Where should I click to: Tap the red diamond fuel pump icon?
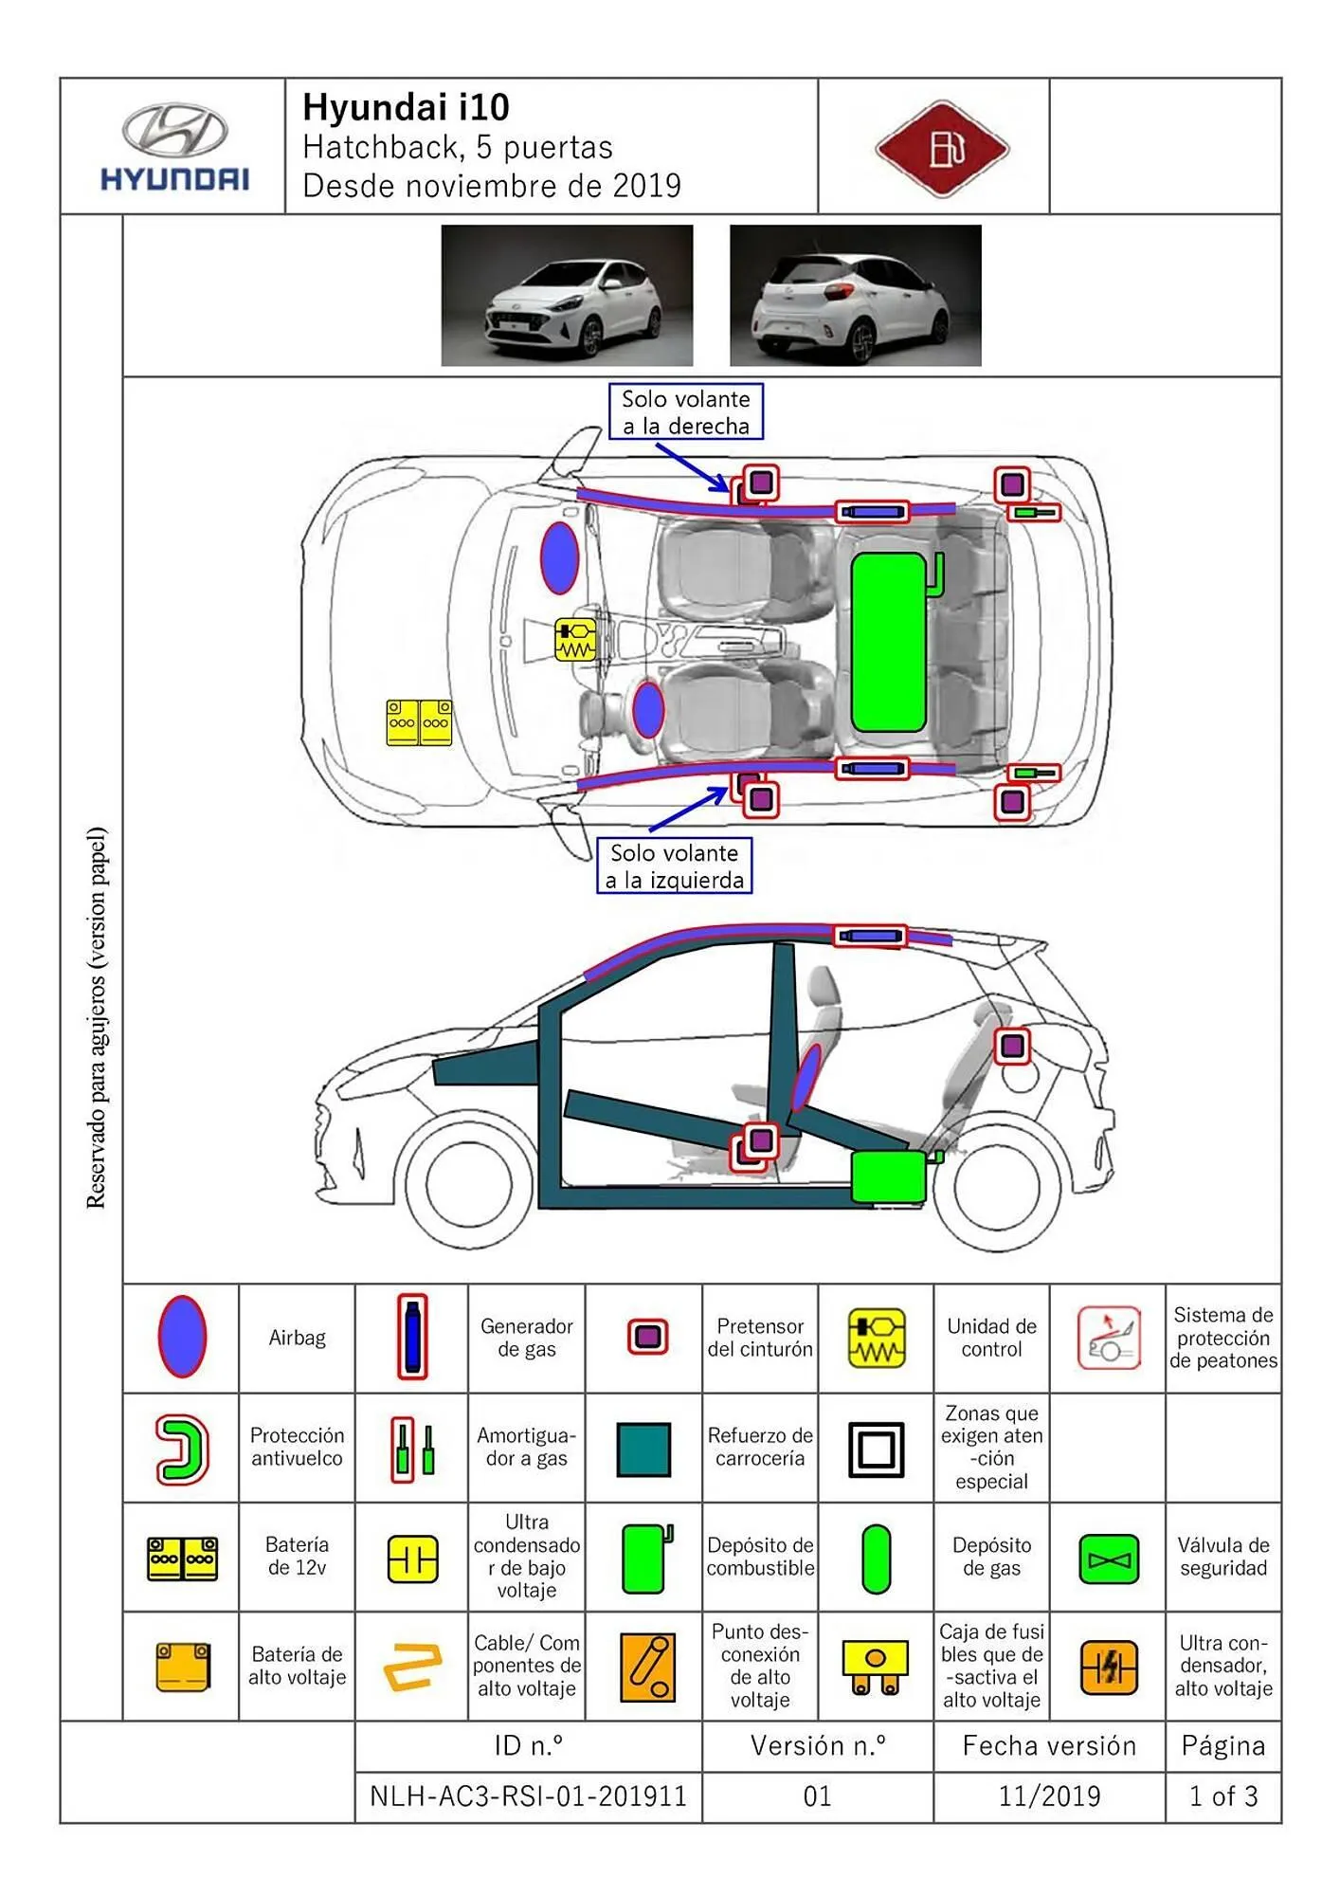(x=942, y=149)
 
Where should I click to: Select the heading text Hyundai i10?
(x=406, y=107)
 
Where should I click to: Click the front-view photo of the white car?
(x=567, y=295)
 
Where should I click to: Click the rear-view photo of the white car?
(x=855, y=295)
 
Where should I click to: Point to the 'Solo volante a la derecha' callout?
(x=685, y=412)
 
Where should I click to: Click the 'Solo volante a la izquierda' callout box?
(x=674, y=866)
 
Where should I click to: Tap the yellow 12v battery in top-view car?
(x=419, y=722)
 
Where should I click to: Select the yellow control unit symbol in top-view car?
(x=575, y=639)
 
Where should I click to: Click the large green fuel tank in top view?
(x=888, y=643)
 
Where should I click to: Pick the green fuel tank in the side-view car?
(x=888, y=1176)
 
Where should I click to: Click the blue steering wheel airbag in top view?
(x=648, y=709)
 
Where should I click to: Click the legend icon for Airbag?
(x=181, y=1337)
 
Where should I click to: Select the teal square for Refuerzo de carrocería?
(x=643, y=1449)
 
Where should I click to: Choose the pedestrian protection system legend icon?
(x=1107, y=1338)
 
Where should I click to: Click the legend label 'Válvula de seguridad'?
(x=1222, y=1557)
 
